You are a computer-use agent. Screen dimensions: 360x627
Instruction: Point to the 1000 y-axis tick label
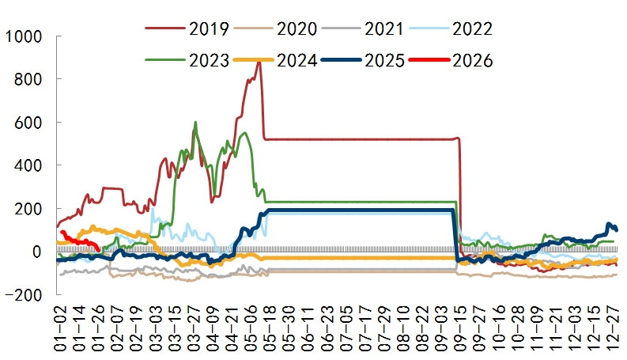(x=25, y=37)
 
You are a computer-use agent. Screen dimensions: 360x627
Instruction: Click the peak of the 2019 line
(x=258, y=61)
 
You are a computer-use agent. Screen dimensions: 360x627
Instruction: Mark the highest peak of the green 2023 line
(x=195, y=123)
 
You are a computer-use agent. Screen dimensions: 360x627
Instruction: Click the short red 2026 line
(x=79, y=241)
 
